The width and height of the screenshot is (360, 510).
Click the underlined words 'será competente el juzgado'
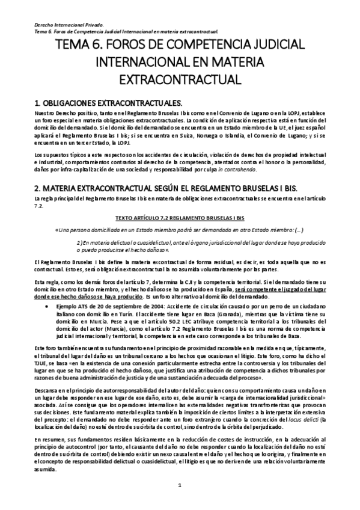pos(256,290)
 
